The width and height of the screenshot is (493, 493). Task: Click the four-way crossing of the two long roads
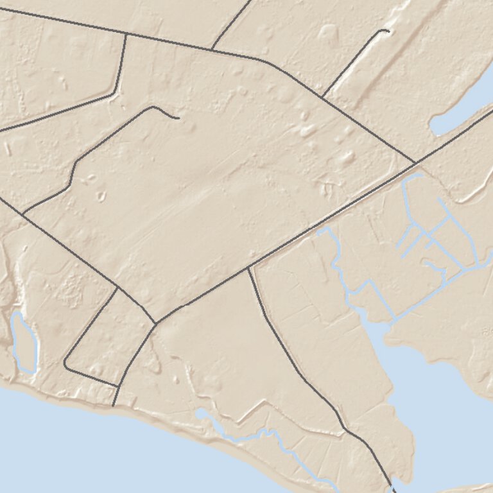pyautogui.click(x=415, y=162)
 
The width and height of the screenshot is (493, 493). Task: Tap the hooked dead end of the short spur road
pyautogui.click(x=388, y=30)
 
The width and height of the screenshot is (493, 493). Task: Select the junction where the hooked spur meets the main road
pyautogui.click(x=322, y=96)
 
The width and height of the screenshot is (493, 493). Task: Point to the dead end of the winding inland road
pyautogui.click(x=178, y=118)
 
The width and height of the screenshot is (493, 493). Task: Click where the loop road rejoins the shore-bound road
pyautogui.click(x=117, y=386)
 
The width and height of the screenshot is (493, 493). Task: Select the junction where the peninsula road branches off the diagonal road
pyautogui.click(x=249, y=267)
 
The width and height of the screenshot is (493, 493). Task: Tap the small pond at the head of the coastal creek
pyautogui.click(x=204, y=414)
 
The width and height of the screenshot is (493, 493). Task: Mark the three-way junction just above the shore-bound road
pyautogui.click(x=155, y=323)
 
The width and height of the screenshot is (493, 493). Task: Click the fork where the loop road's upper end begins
pyautogui.click(x=117, y=287)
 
